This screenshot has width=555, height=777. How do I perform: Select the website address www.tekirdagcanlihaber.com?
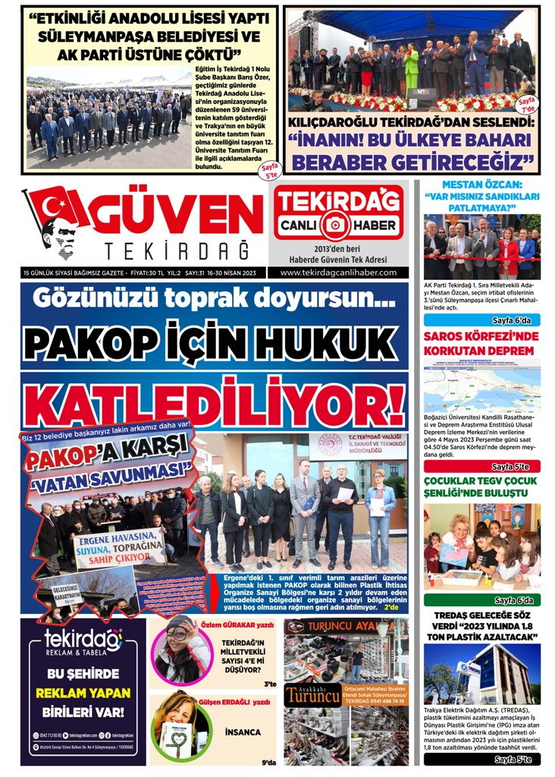pyautogui.click(x=338, y=272)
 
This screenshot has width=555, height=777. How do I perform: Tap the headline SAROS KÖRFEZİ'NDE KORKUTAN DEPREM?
pyautogui.click(x=481, y=343)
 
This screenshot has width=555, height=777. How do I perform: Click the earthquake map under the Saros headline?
pyautogui.click(x=481, y=388)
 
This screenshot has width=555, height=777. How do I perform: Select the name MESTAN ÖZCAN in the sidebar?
pyautogui.click(x=481, y=184)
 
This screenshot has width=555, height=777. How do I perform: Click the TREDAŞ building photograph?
pyautogui.click(x=481, y=673)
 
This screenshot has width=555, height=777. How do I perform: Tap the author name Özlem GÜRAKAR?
pyautogui.click(x=237, y=625)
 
